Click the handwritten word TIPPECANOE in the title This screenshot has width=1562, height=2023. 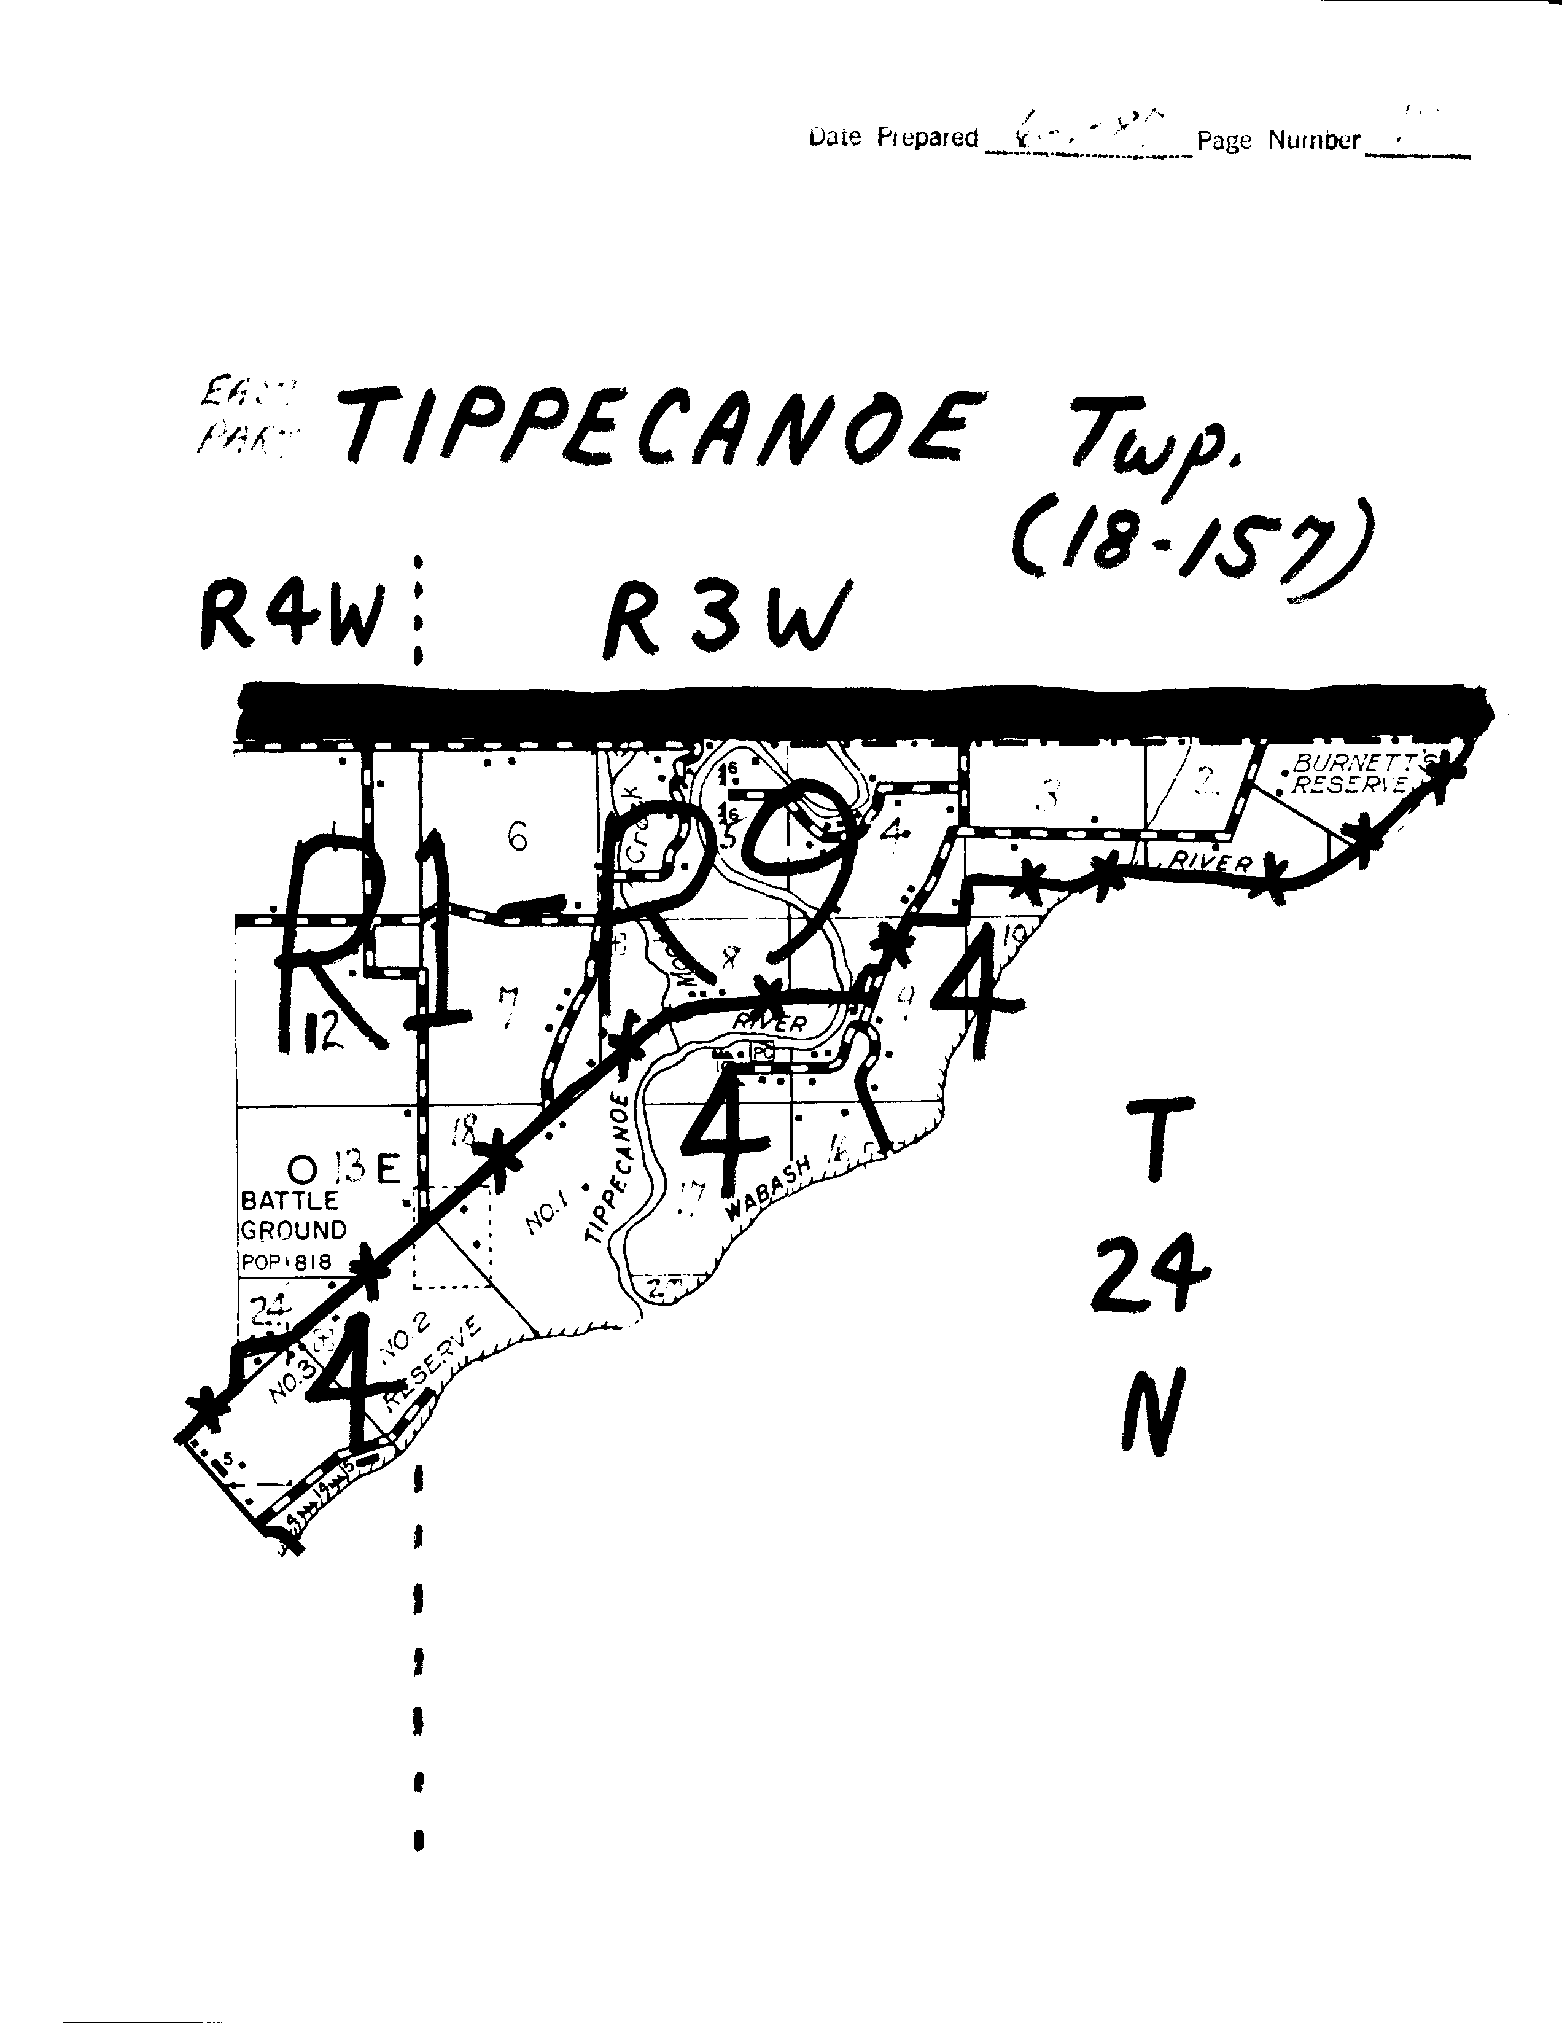[658, 429]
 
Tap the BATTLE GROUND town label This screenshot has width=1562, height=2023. [293, 1215]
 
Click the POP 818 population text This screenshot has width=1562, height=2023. [286, 1261]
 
